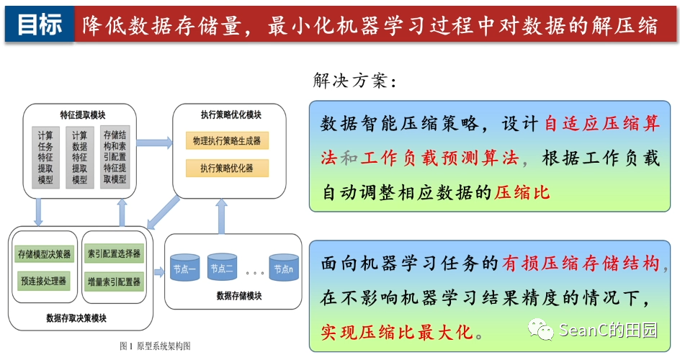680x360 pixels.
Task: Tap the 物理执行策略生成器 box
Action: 227,140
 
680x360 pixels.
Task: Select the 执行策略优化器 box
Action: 227,168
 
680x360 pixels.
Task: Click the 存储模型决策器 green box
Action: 44,253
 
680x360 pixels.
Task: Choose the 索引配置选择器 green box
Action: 114,253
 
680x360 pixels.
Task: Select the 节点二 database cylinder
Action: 222,269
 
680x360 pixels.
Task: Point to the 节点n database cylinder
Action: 284,269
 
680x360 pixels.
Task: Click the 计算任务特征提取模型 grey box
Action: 45,157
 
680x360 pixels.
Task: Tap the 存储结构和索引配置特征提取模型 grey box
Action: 115,157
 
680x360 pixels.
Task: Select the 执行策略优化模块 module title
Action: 231,115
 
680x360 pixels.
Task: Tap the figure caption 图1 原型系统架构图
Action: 155,346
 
